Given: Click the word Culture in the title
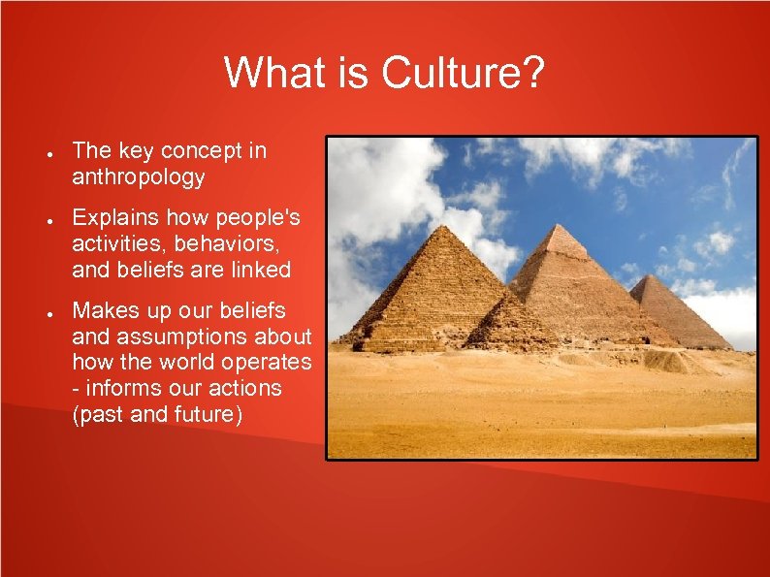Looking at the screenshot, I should [455, 74].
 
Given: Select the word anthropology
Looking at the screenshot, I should [139, 177].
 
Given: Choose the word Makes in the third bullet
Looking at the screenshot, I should [105, 311].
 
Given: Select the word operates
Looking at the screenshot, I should [263, 363].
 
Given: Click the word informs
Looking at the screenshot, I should [122, 389].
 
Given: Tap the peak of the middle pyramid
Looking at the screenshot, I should [561, 225].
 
